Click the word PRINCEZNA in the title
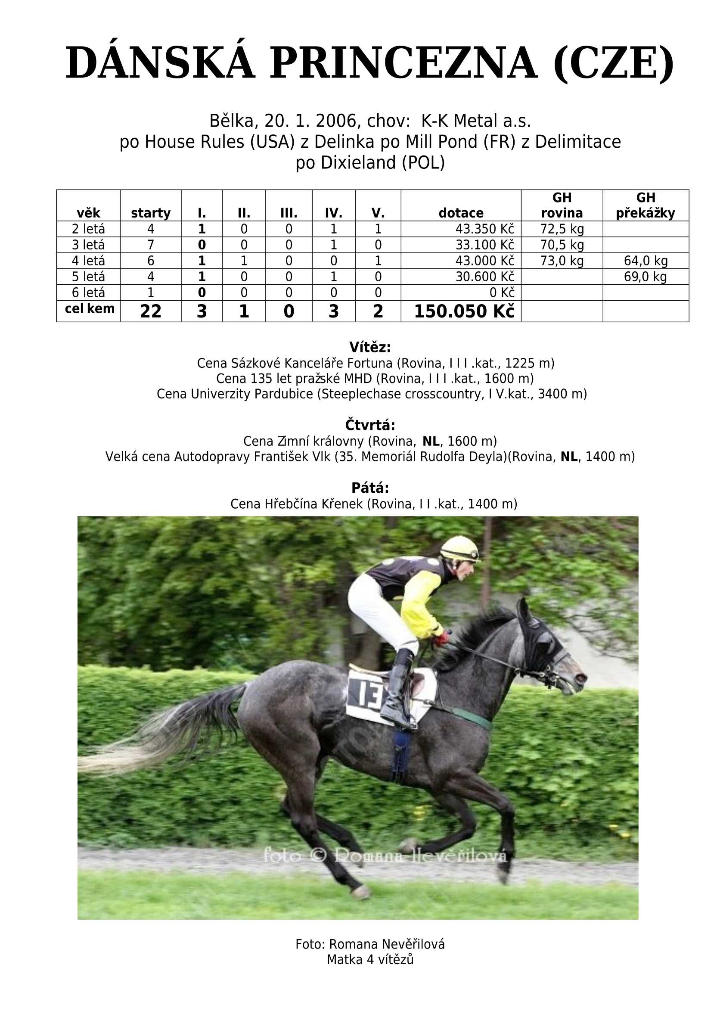pos(403,63)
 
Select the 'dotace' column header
pos(461,213)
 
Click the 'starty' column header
pos(151,213)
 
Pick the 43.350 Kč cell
pos(484,229)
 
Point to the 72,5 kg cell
pos(562,229)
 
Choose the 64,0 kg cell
pos(645,261)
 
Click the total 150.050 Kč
pos(464,312)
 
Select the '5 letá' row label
pos(88,277)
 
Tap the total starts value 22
pos(151,312)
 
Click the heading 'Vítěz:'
pos(370,347)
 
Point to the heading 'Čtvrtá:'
pos(370,425)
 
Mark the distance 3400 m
pos(559,394)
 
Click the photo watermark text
pos(385,854)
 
